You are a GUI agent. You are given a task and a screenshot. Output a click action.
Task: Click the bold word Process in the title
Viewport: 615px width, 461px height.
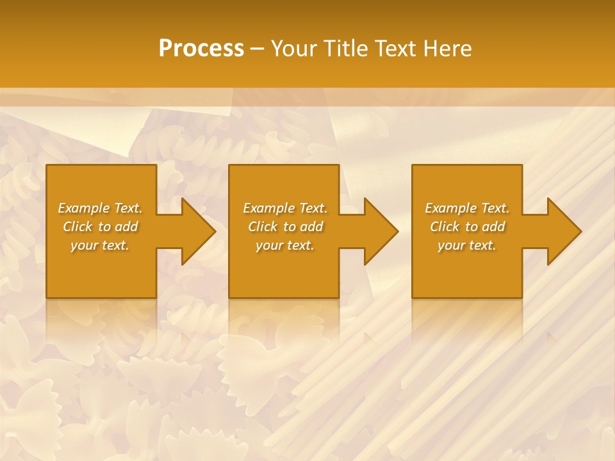click(201, 49)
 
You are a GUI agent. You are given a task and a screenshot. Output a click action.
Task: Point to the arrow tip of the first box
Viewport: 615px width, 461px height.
click(214, 231)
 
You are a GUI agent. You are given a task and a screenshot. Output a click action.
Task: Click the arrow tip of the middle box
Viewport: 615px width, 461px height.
click(397, 231)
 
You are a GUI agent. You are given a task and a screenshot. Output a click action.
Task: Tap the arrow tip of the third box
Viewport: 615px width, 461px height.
click(580, 231)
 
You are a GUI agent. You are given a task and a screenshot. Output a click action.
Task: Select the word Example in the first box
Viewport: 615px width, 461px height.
click(84, 208)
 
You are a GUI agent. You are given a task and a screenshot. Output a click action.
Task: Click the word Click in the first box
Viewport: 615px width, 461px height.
click(78, 227)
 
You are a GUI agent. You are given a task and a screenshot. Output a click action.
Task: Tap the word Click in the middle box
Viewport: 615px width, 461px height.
click(263, 227)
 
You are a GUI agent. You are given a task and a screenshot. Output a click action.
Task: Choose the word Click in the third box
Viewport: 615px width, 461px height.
click(445, 227)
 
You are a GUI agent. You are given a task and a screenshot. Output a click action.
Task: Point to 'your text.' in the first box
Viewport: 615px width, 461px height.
click(100, 245)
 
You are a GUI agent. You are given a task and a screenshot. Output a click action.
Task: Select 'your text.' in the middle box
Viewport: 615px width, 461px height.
click(285, 245)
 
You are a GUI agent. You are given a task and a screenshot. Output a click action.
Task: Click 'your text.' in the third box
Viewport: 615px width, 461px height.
click(467, 245)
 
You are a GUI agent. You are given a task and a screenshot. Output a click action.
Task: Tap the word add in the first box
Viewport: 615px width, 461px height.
click(127, 227)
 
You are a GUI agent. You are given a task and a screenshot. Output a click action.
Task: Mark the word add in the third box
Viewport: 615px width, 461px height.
click(494, 227)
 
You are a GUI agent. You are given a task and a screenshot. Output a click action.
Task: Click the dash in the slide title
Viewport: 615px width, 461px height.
click(258, 49)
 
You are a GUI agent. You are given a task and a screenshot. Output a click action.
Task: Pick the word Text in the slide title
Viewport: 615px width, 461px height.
click(395, 49)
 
